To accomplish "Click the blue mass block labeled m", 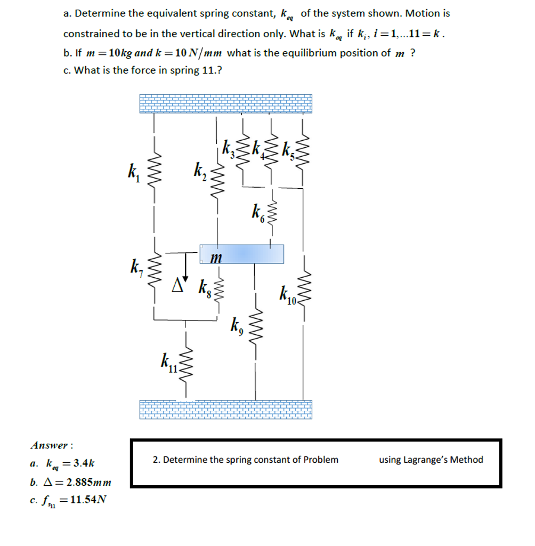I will click(241, 254).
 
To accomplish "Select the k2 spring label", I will click(200, 172).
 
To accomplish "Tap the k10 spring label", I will click(287, 296).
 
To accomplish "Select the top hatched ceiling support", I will click(225, 103).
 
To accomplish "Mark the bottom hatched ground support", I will click(225, 409).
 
